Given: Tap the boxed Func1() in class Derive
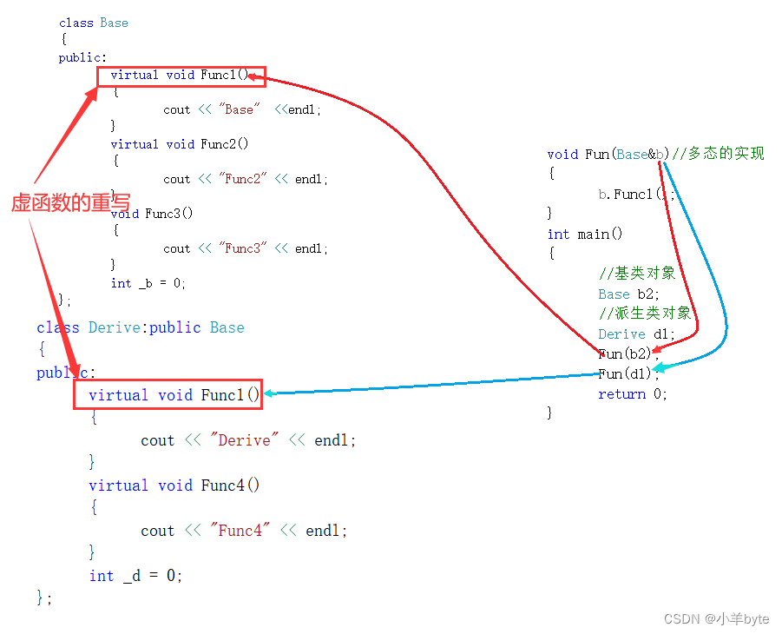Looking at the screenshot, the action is coord(230,395).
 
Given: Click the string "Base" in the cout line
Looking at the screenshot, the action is coord(239,109).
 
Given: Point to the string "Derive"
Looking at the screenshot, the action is coord(244,440).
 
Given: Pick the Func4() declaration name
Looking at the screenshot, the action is coord(230,485).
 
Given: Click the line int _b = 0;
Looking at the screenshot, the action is coord(148,283).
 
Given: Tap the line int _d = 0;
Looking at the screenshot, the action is coord(135,575).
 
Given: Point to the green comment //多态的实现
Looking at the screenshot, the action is coord(719,154).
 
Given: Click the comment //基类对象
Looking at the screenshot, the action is coord(637,273).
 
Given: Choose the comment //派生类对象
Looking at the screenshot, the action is coord(645,314).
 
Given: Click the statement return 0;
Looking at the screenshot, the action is coord(634,394).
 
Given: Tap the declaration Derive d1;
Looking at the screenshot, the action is coord(636,334).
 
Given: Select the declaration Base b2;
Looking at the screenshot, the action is coord(629,294).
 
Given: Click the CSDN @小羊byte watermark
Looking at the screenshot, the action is coord(716,618).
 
